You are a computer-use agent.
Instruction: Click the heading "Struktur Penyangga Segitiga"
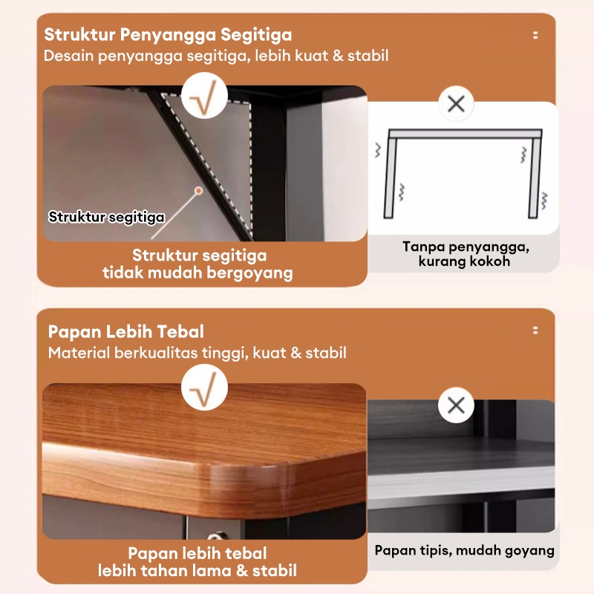pos(168,35)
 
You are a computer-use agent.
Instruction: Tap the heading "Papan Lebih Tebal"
pos(125,332)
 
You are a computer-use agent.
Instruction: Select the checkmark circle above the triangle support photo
pos(204,96)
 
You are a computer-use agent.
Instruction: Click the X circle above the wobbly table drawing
pos(456,103)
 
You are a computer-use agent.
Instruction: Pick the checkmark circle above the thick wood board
pos(204,388)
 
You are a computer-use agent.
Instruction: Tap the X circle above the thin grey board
pos(456,405)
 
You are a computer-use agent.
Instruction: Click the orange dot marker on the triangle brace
pos(198,190)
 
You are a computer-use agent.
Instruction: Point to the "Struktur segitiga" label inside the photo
pos(106,217)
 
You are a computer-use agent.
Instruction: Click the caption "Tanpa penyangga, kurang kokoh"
pos(466,254)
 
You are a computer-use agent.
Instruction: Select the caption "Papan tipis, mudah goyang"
pos(465,550)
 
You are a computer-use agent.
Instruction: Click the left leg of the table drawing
pos(391,177)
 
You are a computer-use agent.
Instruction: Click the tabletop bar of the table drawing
pos(466,134)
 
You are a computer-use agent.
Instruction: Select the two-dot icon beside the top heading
pos(535,35)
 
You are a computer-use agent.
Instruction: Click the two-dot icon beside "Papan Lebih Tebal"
pos(535,330)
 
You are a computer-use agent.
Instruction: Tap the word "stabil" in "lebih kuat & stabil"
pos(368,56)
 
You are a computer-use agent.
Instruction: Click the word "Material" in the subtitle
pos(79,353)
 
